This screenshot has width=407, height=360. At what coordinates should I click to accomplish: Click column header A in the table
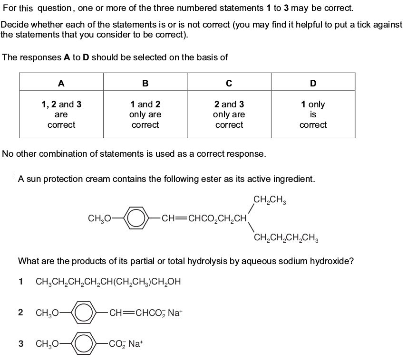pos(61,83)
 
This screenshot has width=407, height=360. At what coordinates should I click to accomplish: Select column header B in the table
pos(145,83)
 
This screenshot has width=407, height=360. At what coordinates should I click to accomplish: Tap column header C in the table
pos(229,83)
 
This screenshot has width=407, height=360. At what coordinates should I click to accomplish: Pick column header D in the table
pos(313,83)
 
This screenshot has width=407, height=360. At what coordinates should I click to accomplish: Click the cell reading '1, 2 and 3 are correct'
pos(61,114)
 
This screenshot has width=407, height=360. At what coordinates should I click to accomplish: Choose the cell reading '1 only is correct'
pos(313,114)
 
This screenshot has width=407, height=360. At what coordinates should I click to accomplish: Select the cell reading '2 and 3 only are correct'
pos(229,114)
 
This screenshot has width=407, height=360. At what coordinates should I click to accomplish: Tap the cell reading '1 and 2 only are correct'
pos(145,114)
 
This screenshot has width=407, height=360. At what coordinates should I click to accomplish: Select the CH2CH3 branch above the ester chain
pos(270,200)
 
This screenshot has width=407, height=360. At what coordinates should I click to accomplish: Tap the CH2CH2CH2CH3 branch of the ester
pos(286,237)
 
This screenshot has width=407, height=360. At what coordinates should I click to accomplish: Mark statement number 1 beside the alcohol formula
pos(21,282)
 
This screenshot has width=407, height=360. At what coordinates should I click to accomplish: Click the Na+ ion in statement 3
pos(136,344)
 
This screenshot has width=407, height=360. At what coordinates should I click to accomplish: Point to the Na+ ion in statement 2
pos(175,313)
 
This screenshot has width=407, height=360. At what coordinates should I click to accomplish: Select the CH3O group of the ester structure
pos(99,218)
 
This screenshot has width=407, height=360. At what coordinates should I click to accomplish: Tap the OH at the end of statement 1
pos(174,282)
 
